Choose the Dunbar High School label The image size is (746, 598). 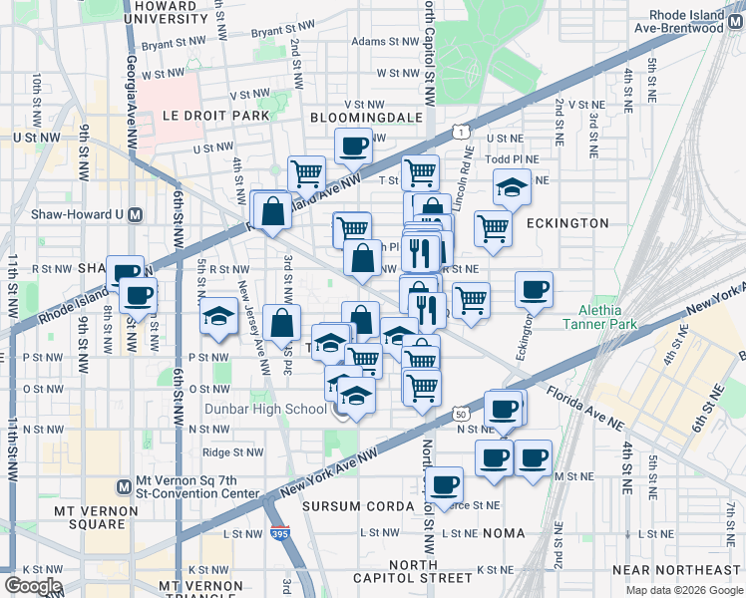266,409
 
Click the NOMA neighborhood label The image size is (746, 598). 504,533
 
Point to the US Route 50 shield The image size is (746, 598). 460,414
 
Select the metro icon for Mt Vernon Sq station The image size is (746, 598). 124,487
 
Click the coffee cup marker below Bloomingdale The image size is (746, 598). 353,147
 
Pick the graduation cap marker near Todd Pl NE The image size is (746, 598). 511,186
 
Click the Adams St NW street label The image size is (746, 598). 382,42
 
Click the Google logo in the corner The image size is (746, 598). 33,586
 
